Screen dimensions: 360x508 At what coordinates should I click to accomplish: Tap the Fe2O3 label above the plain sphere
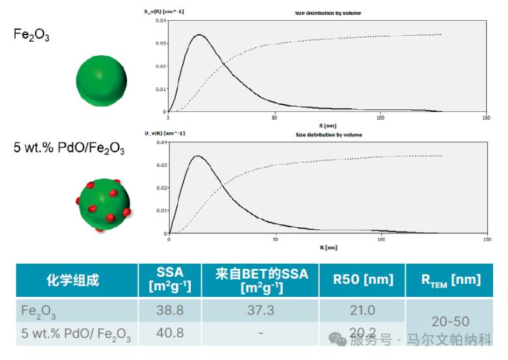(x=31, y=35)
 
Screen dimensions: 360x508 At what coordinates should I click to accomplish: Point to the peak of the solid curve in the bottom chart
(x=197, y=156)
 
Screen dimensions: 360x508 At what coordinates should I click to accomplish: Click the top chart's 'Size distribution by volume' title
(x=328, y=13)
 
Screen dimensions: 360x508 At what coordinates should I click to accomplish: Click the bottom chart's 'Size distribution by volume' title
(x=328, y=135)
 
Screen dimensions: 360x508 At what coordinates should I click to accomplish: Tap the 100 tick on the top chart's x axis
(x=380, y=118)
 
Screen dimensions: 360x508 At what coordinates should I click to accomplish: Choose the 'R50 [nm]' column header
(x=363, y=280)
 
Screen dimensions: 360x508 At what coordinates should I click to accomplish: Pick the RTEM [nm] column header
(x=450, y=280)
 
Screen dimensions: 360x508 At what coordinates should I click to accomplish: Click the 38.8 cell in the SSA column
(x=170, y=311)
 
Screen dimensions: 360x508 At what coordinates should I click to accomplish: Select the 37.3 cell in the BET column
(x=261, y=311)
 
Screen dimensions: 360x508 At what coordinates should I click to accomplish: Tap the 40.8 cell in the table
(x=170, y=333)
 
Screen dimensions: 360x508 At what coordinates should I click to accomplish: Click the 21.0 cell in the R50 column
(x=363, y=311)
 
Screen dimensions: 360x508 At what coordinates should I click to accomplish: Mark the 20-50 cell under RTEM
(x=450, y=322)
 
